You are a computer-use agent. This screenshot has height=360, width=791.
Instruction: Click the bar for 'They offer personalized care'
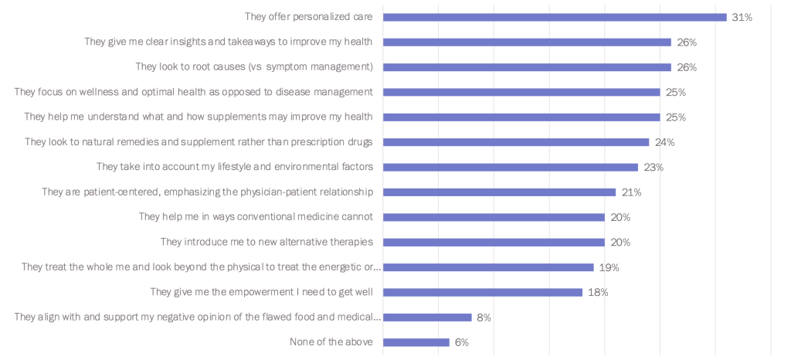tap(555, 17)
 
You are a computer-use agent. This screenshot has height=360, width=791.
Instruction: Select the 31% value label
tap(742, 17)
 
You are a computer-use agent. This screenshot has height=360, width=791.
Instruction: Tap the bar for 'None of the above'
tap(416, 342)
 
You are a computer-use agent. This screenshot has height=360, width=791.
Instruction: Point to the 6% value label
tap(461, 342)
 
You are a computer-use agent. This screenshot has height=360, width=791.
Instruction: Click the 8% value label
tap(484, 318)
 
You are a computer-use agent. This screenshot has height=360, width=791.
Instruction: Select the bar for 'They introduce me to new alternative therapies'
tap(494, 243)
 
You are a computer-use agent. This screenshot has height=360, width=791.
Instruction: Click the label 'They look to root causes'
tap(254, 67)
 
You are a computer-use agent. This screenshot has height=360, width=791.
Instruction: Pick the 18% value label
tap(598, 292)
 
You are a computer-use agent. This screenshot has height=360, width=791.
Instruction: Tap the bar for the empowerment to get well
tap(482, 292)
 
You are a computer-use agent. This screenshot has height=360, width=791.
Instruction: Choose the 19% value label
tap(609, 267)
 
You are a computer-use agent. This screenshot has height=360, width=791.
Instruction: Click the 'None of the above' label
tap(331, 342)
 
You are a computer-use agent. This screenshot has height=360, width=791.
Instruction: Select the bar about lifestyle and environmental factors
tap(510, 167)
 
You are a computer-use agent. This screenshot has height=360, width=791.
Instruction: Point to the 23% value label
tap(654, 167)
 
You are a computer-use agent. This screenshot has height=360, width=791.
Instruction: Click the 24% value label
tap(664, 142)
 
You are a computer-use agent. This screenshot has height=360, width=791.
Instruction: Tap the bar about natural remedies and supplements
tap(515, 142)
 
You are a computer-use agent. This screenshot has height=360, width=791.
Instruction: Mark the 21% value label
tap(631, 192)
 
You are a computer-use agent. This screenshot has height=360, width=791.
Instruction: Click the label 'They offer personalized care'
tap(308, 17)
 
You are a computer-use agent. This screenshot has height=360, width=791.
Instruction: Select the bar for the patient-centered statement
tap(499, 192)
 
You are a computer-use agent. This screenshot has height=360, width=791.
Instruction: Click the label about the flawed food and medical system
tap(198, 318)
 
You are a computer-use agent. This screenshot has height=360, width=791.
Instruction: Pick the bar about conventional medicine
tap(494, 217)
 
